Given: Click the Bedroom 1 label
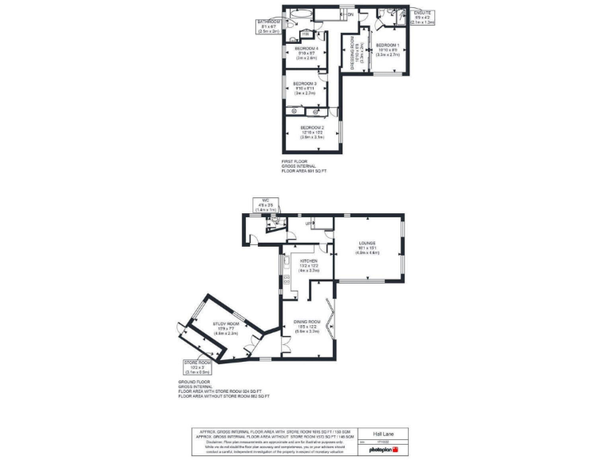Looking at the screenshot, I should pos(388,45).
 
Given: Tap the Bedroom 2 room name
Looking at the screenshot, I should pos(311,128).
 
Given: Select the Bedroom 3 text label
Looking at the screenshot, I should pos(304,84).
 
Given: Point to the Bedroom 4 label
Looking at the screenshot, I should pos(306,49).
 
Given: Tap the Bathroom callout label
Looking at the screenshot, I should pos(268,22).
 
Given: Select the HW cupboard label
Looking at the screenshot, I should pos(306,34).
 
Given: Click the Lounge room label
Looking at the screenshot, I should pos(367,243).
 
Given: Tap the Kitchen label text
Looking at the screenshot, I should pos(309,261).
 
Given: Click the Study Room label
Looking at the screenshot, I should pos(226,323).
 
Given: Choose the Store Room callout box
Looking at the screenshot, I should pos(196,367).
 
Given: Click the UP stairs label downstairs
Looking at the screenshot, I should pos(308,224).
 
